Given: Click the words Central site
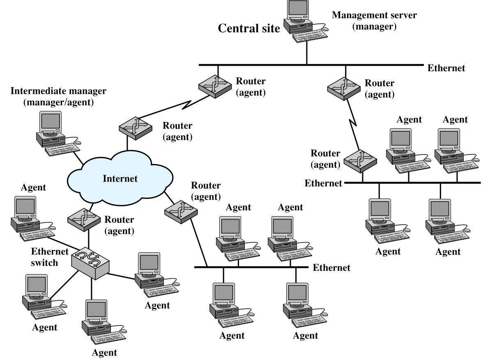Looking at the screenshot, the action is click(249, 28).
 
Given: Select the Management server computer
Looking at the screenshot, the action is click(306, 21).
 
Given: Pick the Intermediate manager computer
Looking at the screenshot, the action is click(58, 133).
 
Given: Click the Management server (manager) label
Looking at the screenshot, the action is click(374, 20).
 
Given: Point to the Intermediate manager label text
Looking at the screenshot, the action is click(58, 96).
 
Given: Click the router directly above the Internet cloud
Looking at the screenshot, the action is click(136, 128).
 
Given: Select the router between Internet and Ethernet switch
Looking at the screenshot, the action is click(84, 220).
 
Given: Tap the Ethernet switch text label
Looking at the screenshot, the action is click(49, 257).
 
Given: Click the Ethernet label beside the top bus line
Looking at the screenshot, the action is click(446, 68).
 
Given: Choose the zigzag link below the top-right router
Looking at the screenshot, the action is click(353, 125).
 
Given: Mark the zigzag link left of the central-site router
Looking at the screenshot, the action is click(175, 106).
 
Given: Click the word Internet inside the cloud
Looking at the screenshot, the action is click(120, 179).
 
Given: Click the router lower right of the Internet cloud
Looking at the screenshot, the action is click(181, 212).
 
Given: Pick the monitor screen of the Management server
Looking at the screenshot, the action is click(298, 7).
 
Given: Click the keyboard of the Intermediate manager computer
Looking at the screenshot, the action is click(62, 150).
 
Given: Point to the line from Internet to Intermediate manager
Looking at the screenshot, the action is click(78, 159).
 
